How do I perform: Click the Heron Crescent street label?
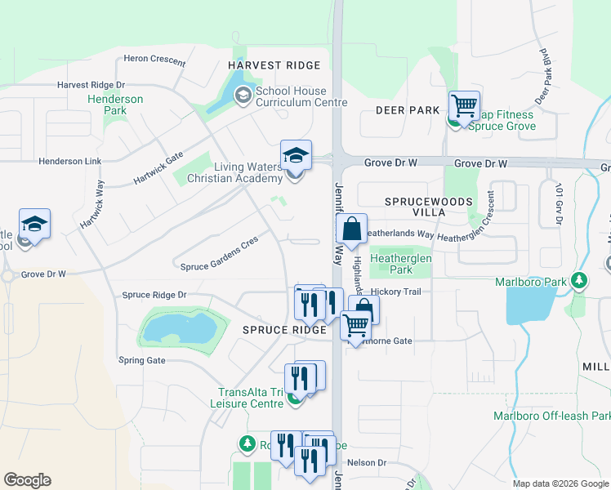click(154, 59)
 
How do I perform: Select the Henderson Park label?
click(115, 105)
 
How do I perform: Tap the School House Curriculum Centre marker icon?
click(243, 96)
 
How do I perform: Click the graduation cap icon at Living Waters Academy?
click(296, 155)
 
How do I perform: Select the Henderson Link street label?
click(70, 162)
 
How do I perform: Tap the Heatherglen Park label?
click(400, 264)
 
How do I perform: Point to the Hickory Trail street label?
click(395, 292)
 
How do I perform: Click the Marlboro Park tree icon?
click(579, 283)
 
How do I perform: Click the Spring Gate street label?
click(142, 360)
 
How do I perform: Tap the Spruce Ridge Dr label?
click(154, 295)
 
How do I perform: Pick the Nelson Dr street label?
click(366, 463)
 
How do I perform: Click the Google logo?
click(27, 480)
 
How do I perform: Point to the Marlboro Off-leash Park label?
click(552, 416)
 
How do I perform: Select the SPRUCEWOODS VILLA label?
click(417, 206)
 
